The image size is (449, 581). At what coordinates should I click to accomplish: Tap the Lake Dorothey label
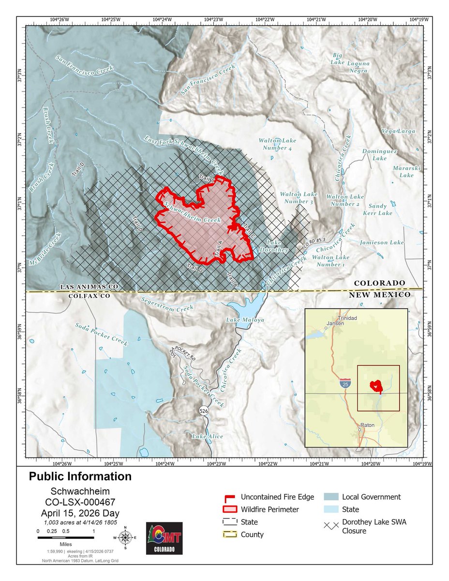pyautogui.click(x=278, y=246)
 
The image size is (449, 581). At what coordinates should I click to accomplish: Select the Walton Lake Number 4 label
pyautogui.click(x=277, y=144)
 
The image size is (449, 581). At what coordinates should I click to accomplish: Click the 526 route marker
pyautogui.click(x=204, y=411)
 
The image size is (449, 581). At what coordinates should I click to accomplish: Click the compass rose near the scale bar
pyautogui.click(x=125, y=537)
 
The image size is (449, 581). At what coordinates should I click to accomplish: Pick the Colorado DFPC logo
pyautogui.click(x=164, y=538)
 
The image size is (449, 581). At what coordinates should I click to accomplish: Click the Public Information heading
pyautogui.click(x=80, y=476)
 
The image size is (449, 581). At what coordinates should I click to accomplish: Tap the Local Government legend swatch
pyautogui.click(x=331, y=497)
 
